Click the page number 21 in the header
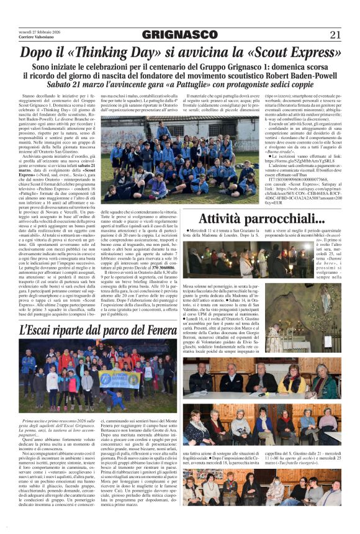tap(336, 34)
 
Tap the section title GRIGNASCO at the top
tap(180, 34)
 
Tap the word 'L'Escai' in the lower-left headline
tap(40, 332)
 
